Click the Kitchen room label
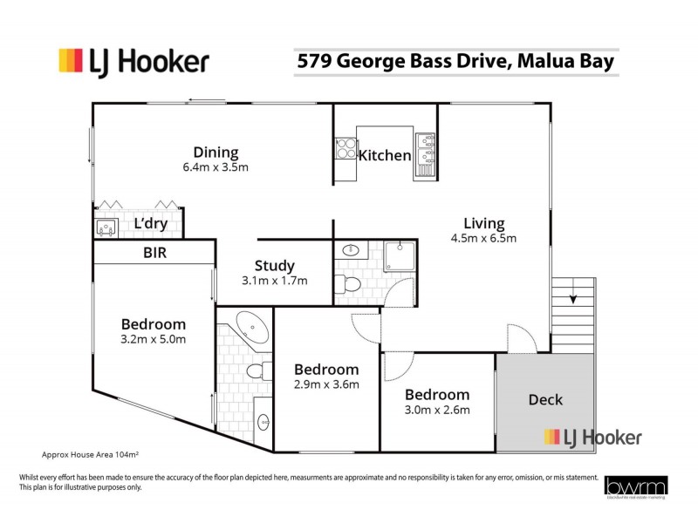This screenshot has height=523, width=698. click(x=385, y=155)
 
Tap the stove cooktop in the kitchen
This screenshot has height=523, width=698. click(x=345, y=151)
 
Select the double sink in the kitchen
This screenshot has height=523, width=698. click(x=425, y=151)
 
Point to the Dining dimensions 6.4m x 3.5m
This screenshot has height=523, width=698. click(x=216, y=167)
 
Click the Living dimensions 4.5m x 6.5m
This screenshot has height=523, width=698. click(x=483, y=238)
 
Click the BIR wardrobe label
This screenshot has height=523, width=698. click(x=154, y=253)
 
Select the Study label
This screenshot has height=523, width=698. click(x=274, y=266)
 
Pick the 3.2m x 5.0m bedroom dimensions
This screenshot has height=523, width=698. click(x=154, y=340)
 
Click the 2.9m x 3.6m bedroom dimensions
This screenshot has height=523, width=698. click(x=325, y=384)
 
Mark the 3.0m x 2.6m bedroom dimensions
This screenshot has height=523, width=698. click(x=436, y=410)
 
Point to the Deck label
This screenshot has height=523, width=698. click(x=545, y=399)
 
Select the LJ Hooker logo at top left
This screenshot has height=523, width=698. click(x=133, y=62)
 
